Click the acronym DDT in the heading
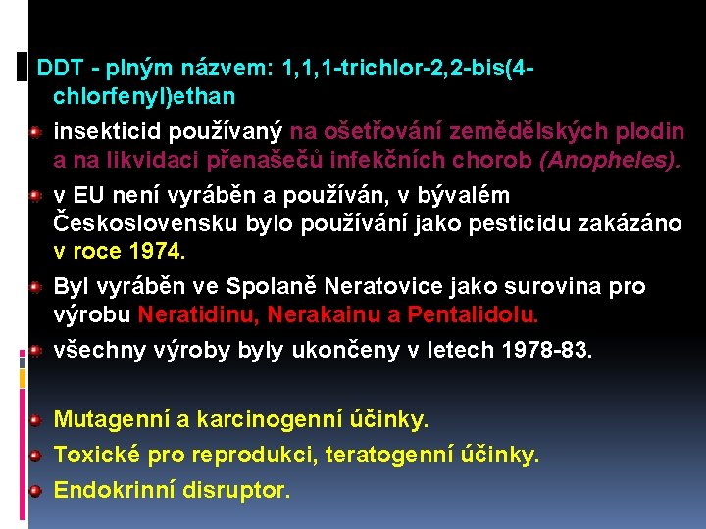coord(57,71)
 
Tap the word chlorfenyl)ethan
coord(144,97)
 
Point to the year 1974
coord(154,251)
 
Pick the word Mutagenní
coord(112,420)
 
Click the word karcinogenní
coord(261,420)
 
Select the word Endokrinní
coord(115,489)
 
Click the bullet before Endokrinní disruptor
coord(34,490)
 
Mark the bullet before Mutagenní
coord(34,421)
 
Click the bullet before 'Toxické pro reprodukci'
coord(34,456)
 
